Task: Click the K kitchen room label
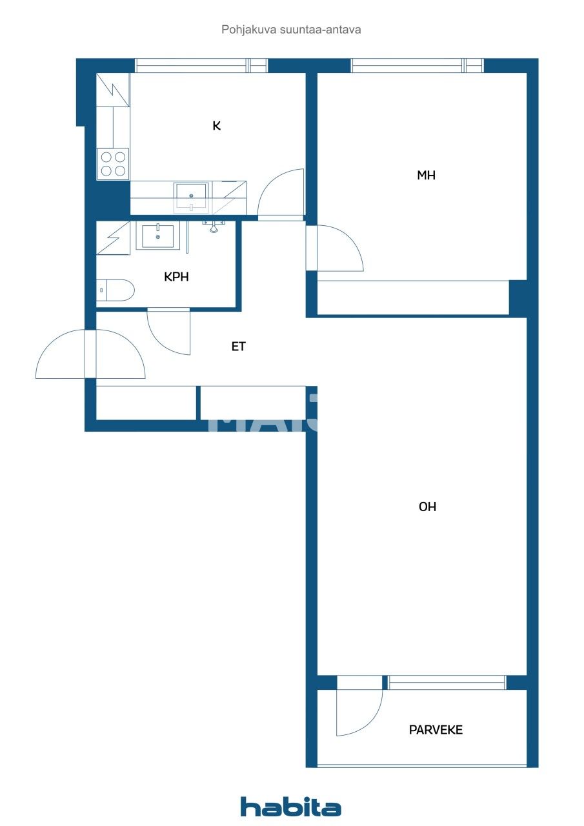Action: (217, 126)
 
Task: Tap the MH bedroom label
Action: (426, 175)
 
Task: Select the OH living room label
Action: (427, 507)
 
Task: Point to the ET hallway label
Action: (239, 347)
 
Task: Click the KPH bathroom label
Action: (176, 277)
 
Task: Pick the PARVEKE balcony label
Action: (436, 730)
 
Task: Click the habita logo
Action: (291, 807)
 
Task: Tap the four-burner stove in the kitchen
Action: (113, 164)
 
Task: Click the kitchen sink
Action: (191, 196)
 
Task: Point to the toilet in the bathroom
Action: (116, 290)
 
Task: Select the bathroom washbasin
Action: (157, 236)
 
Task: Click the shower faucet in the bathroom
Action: (214, 225)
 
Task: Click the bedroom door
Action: (336, 248)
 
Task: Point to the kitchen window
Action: (201, 65)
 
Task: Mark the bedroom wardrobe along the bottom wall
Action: (413, 298)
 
